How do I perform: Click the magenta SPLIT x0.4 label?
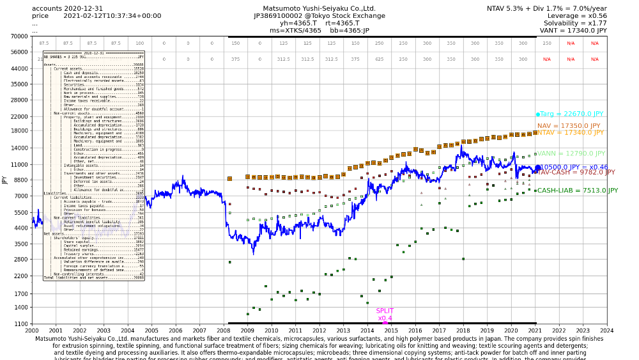coord(385,315)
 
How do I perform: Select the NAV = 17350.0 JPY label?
coord(569,126)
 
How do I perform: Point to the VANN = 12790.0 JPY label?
coord(571,153)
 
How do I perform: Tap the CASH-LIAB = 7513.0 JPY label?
coord(577,191)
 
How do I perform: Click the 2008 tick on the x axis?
coord(224,331)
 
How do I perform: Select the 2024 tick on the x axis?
coord(606,331)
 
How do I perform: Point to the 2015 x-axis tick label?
coord(391,331)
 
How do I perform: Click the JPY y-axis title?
coord(5,180)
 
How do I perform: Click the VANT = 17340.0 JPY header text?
coord(573,30)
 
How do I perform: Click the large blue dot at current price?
coord(537,168)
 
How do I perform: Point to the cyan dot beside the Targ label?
coord(538,114)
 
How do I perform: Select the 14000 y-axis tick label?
coord(17,148)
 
